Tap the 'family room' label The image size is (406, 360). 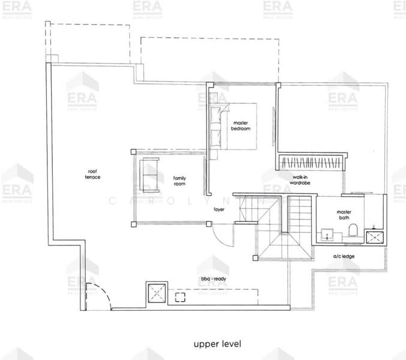(x=179, y=181)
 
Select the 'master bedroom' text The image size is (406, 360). (x=241, y=125)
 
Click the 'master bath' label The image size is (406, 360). (x=344, y=214)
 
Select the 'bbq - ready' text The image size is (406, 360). (x=213, y=279)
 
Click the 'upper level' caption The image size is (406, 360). (x=216, y=344)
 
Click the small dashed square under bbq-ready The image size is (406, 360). (x=180, y=296)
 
